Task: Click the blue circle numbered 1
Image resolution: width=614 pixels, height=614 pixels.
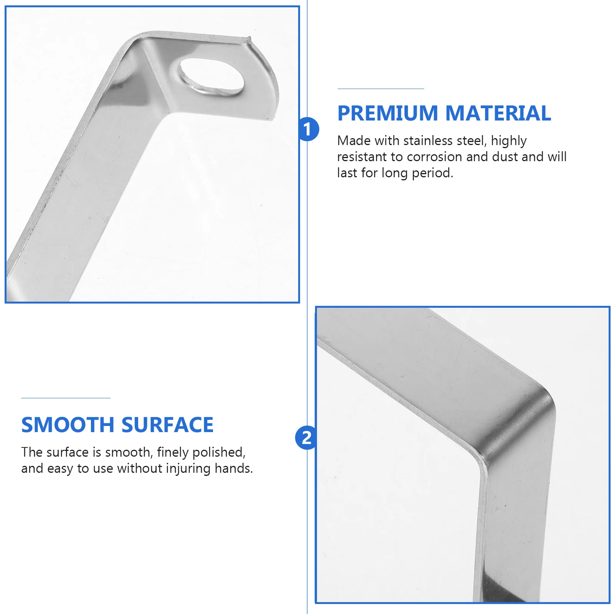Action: tap(308, 129)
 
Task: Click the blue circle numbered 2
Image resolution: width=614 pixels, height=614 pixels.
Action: tap(306, 438)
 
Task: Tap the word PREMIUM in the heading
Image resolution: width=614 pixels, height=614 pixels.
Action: tap(388, 114)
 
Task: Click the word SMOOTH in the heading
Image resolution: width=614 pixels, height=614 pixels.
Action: tap(68, 425)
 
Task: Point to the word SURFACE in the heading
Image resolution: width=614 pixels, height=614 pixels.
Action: tap(167, 425)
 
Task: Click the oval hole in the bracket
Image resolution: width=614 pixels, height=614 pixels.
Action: tap(211, 76)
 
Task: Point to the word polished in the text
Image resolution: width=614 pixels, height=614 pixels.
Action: tap(218, 453)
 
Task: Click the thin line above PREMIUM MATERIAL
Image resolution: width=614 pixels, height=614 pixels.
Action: tap(380, 89)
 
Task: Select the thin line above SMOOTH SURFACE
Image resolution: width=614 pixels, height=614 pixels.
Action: tap(66, 398)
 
